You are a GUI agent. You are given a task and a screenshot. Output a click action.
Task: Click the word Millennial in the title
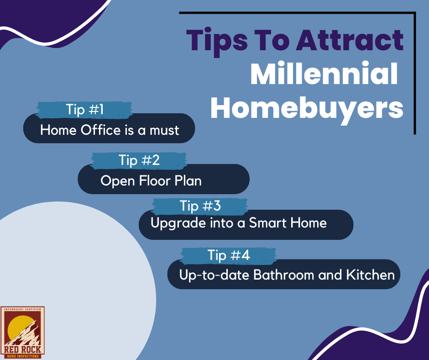324,73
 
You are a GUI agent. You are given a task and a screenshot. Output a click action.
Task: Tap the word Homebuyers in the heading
307,108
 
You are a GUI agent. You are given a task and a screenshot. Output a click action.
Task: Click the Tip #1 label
85,110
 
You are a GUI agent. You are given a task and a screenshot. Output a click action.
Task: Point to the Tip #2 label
139,160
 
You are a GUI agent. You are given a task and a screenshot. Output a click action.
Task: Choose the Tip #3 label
200,206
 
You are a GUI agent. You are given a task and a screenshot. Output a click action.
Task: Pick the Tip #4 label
229,255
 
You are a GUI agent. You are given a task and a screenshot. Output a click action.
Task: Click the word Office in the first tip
100,130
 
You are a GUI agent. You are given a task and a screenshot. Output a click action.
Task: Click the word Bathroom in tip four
283,275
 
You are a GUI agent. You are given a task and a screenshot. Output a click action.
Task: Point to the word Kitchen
371,275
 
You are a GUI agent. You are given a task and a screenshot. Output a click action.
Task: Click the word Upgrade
178,223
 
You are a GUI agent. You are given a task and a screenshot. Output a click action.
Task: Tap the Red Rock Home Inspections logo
22,333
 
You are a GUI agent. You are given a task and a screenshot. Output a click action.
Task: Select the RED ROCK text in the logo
22,349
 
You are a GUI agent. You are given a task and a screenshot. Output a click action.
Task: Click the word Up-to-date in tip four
214,275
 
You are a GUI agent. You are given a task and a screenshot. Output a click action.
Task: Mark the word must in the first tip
164,130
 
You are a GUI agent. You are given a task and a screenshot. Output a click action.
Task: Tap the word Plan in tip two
188,181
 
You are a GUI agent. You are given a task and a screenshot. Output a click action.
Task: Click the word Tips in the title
217,42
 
